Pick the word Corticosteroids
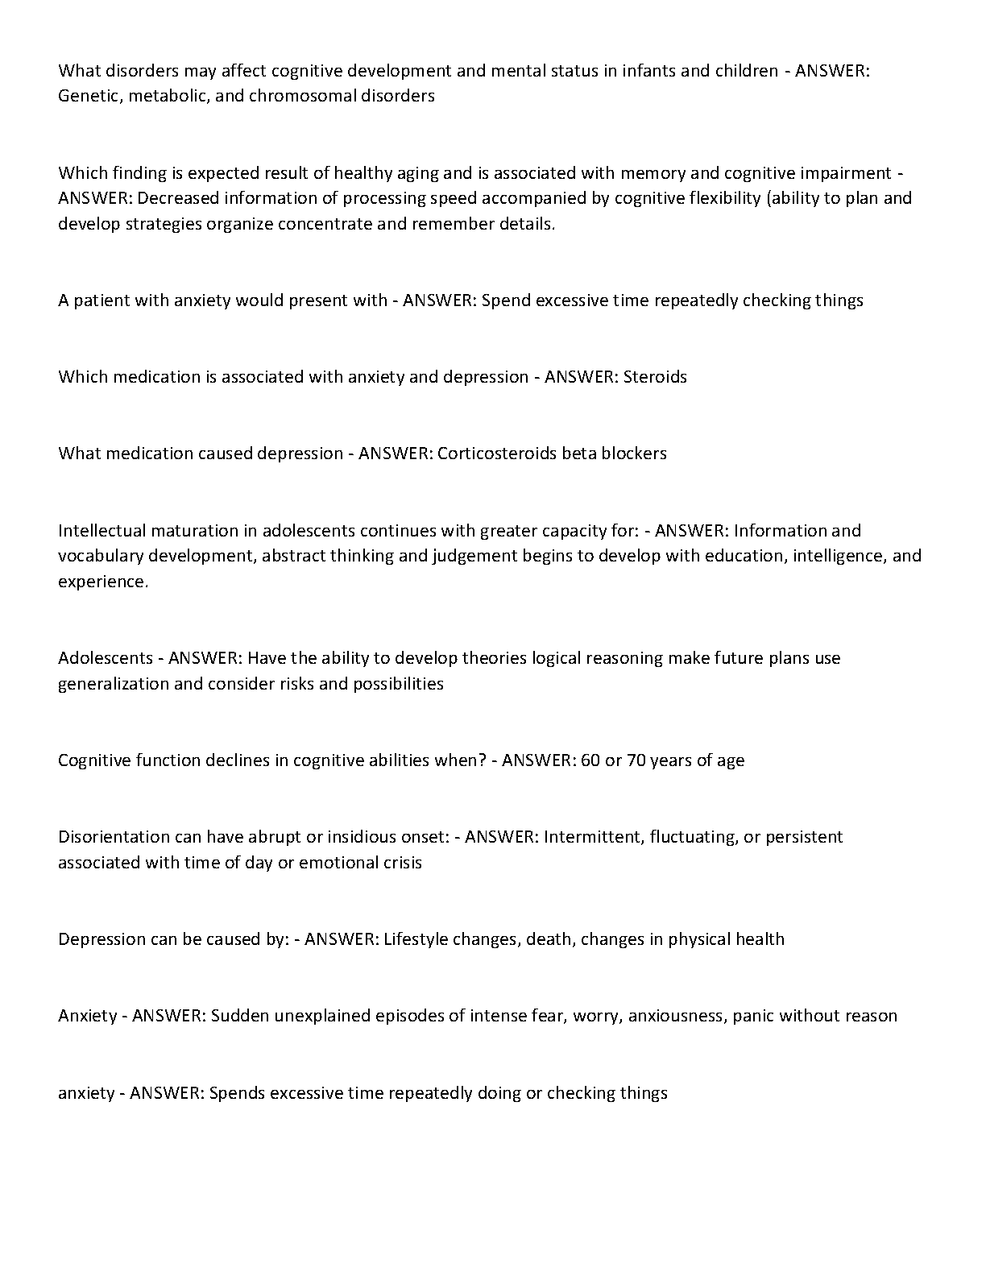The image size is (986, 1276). coord(497,454)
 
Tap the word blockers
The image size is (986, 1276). coord(634,454)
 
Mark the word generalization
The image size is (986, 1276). coord(114,684)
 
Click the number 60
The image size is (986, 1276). coord(590,760)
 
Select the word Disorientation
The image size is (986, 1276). coord(114,837)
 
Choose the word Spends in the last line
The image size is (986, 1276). coord(237,1093)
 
